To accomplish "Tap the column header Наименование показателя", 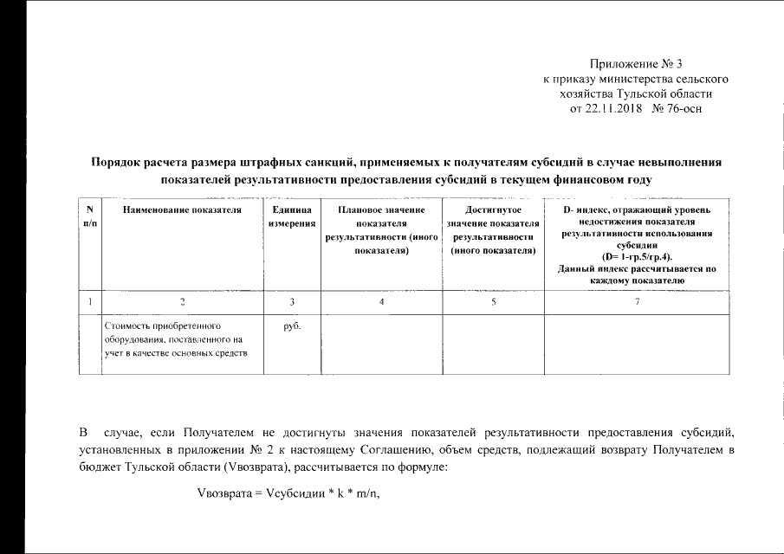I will tap(182, 210).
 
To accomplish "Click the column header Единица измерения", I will tap(291, 217).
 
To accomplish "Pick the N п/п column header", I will tap(90, 217).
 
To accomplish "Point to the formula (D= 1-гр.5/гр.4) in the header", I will tap(637, 258).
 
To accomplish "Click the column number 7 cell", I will tap(637, 301).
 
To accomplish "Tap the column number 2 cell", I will tap(182, 301).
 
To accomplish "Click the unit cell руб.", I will tap(291, 327).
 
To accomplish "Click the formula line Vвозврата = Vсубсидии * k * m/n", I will tap(290, 494).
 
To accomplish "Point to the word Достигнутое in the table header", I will tap(493, 210).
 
